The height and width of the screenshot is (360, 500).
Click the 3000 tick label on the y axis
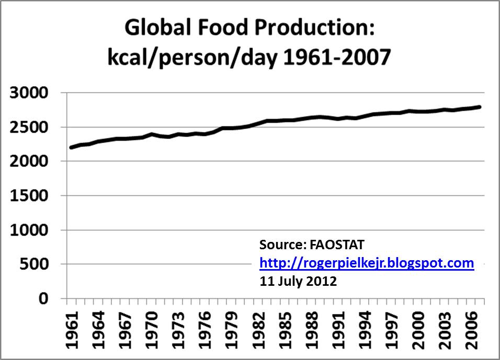[x=33, y=93]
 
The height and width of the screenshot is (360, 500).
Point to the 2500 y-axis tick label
[x=33, y=127]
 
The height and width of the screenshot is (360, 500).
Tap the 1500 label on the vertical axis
[x=33, y=196]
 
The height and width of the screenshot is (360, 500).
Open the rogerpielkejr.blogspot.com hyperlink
[x=367, y=263]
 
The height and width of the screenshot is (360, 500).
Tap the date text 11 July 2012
[x=298, y=281]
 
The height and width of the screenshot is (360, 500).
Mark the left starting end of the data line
[x=71, y=147]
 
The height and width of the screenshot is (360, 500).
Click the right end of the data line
[x=480, y=107]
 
